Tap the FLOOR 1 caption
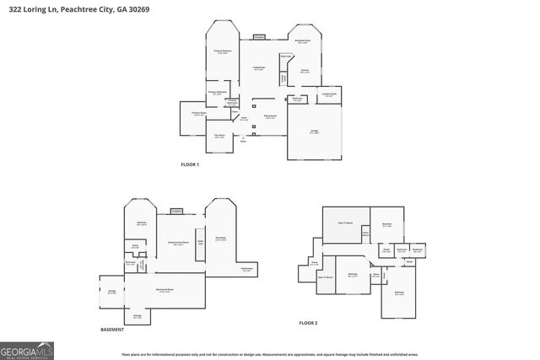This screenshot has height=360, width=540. coord(190,164)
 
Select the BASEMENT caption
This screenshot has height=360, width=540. coord(112,329)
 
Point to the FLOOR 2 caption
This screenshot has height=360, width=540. coord(308,322)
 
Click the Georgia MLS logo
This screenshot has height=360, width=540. coord(27,349)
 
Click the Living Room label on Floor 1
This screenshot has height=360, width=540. coord(260,68)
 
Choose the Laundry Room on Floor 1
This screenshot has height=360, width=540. coord(330,95)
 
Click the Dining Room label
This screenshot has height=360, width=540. coord(271,117)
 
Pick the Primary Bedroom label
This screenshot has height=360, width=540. coord(221,52)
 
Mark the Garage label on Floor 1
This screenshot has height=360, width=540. coord(314,132)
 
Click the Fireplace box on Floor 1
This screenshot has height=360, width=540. coord(260,37)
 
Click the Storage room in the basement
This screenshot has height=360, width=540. coord(137,317)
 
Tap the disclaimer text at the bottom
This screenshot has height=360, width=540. coord(269,354)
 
